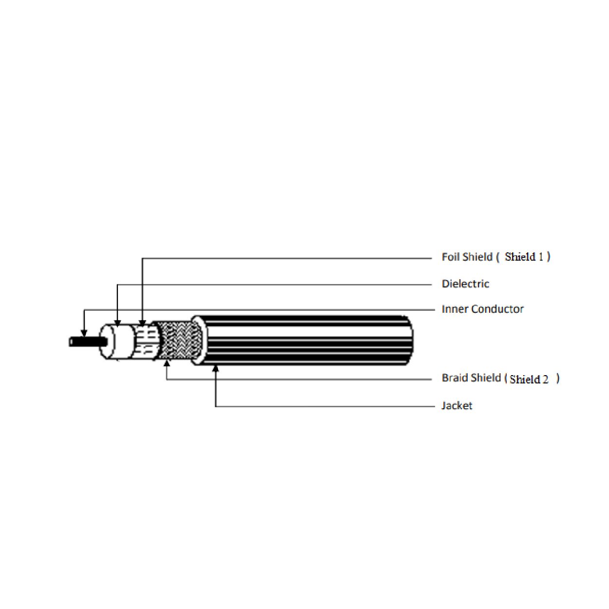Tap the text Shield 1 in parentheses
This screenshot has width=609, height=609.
(524, 257)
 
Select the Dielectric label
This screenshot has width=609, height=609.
(465, 284)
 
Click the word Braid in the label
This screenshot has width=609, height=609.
(453, 378)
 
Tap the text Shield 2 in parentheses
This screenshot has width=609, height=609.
(529, 379)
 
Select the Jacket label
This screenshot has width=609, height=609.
(457, 405)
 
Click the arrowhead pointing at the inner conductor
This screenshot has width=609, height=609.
(84, 333)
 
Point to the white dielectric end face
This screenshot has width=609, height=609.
(108, 342)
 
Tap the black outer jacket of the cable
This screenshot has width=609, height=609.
(307, 340)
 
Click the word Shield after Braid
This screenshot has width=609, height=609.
(487, 378)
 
